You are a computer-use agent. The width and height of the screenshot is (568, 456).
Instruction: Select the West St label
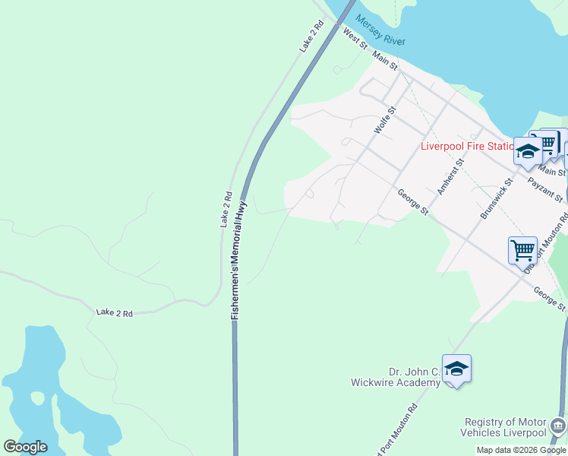pyautogui.click(x=355, y=38)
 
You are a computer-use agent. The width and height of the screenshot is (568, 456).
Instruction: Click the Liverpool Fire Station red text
pyautogui.click(x=466, y=146)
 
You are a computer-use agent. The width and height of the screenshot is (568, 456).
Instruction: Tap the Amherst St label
pyautogui.click(x=456, y=176)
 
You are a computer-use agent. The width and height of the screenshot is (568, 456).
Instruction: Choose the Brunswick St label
pyautogui.click(x=497, y=199)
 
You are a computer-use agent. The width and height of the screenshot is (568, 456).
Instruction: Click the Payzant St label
pyautogui.click(x=545, y=191)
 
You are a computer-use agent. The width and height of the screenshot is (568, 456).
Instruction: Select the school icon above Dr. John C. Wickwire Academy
pyautogui.click(x=456, y=369)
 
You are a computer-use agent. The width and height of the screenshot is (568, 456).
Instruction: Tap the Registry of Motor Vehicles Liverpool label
pyautogui.click(x=506, y=427)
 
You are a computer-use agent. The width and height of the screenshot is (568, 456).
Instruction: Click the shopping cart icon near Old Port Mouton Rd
pyautogui.click(x=522, y=250)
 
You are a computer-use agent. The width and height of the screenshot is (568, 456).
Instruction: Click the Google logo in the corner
pyautogui.click(x=25, y=447)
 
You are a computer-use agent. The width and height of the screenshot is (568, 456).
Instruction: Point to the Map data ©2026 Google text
pyautogui.click(x=521, y=450)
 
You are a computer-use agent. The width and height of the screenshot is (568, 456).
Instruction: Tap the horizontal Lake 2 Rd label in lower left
pyautogui.click(x=115, y=312)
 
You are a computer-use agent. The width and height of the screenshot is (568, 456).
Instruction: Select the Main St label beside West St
pyautogui.click(x=384, y=61)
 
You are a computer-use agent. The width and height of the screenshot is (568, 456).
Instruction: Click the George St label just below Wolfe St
pyautogui.click(x=414, y=201)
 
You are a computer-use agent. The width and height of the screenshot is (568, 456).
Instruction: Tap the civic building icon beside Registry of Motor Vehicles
pyautogui.click(x=558, y=425)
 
